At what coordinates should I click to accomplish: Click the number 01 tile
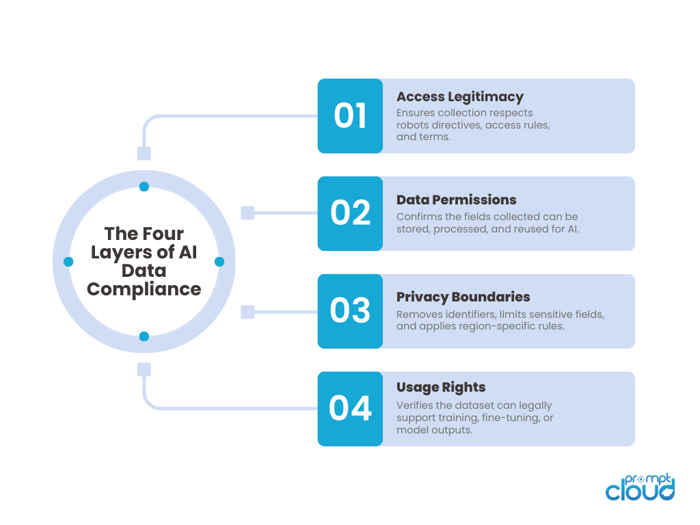click(x=350, y=116)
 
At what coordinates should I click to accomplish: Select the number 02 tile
click(x=350, y=213)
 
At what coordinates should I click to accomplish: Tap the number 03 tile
click(x=350, y=311)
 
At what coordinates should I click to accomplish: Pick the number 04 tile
click(x=350, y=409)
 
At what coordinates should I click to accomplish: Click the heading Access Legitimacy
click(x=460, y=96)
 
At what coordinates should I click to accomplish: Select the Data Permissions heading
click(x=457, y=200)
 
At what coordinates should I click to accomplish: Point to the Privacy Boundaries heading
click(x=463, y=297)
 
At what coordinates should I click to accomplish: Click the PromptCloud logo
click(x=641, y=487)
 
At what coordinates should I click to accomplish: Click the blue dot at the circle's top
click(x=144, y=187)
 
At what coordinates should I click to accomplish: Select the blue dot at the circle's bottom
click(x=144, y=336)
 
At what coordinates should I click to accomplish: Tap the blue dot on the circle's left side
click(x=68, y=262)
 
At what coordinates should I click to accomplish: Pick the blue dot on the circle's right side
click(x=219, y=262)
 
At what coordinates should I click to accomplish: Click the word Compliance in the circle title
click(x=144, y=289)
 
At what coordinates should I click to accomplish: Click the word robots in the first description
click(x=414, y=125)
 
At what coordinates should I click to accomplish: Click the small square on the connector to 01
click(x=144, y=153)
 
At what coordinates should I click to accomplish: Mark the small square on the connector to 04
click(x=144, y=370)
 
